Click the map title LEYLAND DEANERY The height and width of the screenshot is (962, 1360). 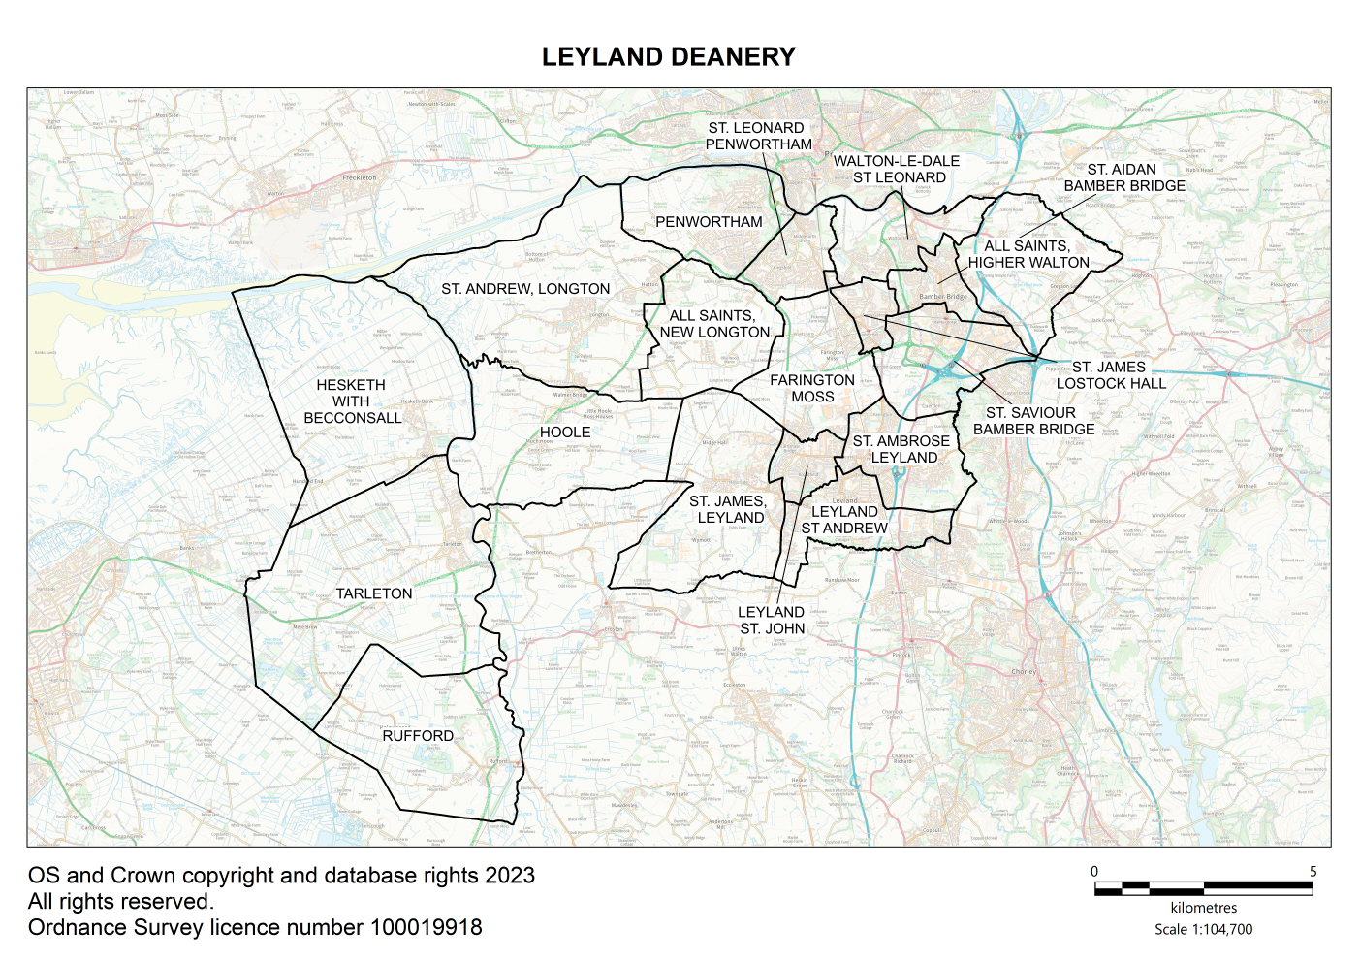(668, 57)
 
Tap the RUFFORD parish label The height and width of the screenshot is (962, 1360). (418, 736)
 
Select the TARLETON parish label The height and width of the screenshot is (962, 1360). (374, 593)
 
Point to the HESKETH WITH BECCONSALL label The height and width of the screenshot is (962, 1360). (352, 401)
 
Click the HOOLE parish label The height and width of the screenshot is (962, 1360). (565, 433)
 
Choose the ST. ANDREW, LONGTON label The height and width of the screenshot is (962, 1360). (525, 289)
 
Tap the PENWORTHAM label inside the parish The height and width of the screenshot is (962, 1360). (709, 222)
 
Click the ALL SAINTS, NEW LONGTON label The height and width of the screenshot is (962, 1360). (714, 324)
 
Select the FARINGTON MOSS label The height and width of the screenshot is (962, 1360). (812, 388)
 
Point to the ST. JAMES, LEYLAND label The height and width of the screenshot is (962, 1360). (728, 509)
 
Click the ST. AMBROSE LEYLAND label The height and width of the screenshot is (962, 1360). (901, 449)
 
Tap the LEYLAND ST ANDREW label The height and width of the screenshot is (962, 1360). (844, 520)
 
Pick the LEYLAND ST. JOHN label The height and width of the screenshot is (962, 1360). (772, 620)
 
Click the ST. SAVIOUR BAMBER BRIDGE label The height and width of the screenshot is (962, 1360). (1033, 421)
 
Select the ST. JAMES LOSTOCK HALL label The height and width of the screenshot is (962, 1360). (1111, 375)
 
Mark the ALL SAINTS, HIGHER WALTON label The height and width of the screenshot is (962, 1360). (1028, 254)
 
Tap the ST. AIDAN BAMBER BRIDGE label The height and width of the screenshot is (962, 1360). (1124, 177)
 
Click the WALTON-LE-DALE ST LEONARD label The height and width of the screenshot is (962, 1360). (898, 169)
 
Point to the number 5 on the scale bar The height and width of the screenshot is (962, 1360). (1313, 872)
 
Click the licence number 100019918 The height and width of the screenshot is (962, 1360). (426, 928)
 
